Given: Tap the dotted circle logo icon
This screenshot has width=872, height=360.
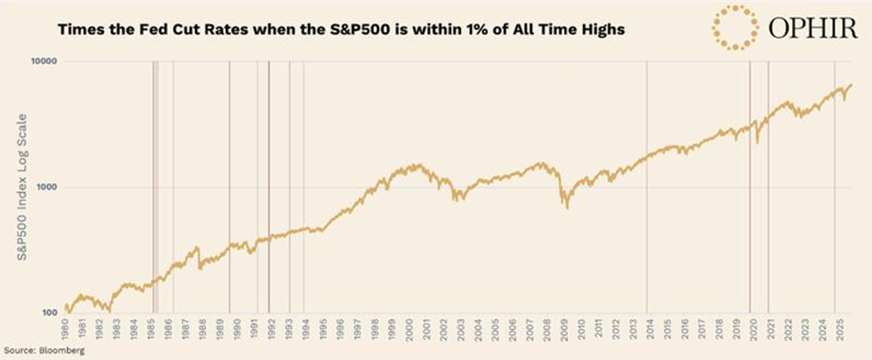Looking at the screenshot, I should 734,27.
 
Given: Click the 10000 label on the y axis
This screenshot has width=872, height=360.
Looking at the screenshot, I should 44,63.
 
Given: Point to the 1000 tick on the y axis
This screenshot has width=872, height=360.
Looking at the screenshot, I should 47,187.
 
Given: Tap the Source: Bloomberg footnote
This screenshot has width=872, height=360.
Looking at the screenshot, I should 42,351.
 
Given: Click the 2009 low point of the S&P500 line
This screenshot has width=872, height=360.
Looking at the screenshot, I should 567,208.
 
